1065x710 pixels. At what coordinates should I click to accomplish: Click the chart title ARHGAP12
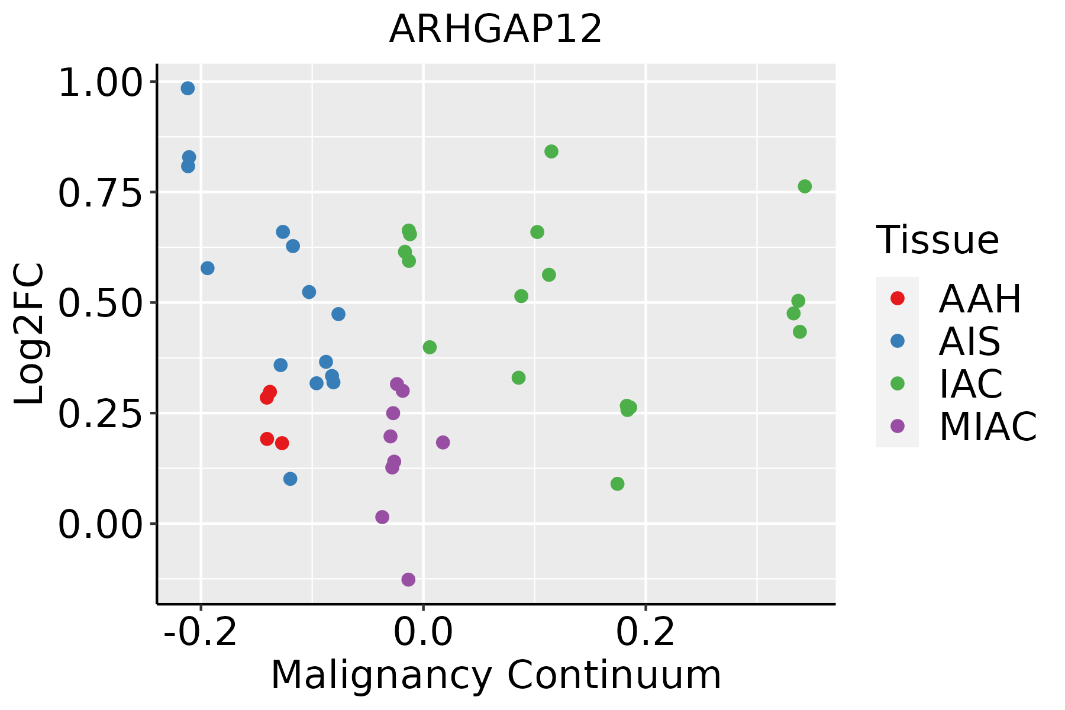496,29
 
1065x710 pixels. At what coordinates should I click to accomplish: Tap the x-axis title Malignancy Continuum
496,675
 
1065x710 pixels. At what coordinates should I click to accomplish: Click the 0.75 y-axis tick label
101,192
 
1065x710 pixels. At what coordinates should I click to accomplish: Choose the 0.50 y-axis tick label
101,303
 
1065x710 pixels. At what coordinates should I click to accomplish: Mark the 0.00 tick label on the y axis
101,524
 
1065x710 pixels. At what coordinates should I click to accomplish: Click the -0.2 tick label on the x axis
201,632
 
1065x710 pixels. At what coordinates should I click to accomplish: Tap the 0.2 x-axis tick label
646,632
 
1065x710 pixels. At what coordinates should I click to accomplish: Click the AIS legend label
969,341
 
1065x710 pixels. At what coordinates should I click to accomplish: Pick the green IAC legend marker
897,383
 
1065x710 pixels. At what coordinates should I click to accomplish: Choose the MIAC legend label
987,427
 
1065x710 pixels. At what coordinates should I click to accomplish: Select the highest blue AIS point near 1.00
188,88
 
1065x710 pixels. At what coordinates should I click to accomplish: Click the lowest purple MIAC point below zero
408,579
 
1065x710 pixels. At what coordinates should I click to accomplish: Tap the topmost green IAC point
551,151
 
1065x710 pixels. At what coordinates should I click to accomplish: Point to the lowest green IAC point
617,484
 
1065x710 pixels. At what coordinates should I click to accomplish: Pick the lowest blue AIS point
290,479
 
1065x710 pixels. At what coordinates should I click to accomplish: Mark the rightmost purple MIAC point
443,442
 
